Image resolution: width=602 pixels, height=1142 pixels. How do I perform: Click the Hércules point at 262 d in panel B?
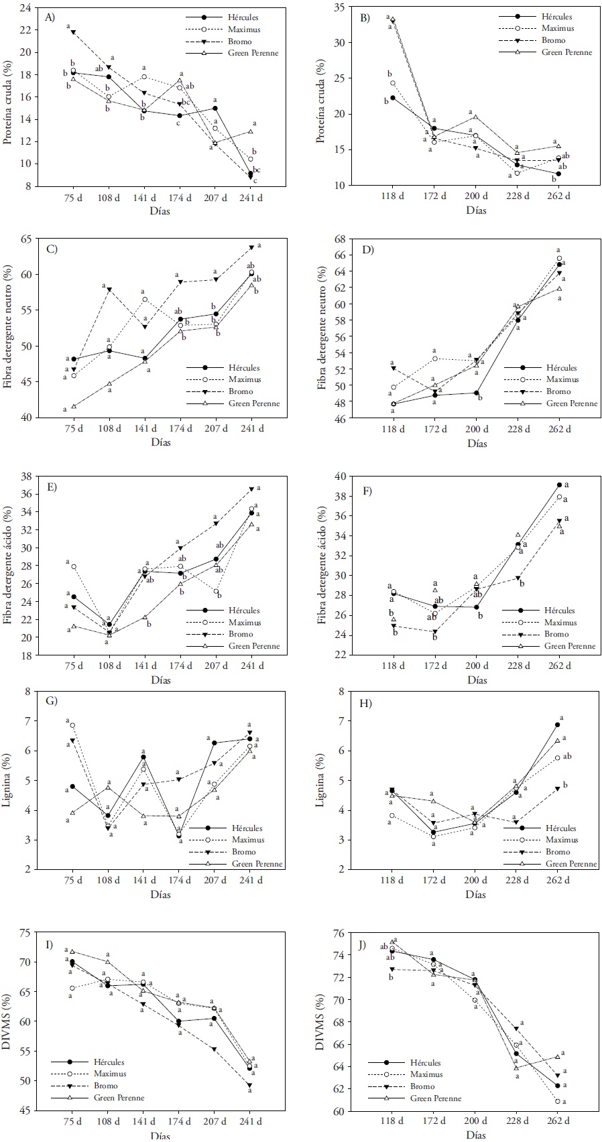point(558,174)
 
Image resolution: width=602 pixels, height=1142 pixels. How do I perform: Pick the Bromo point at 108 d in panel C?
point(109,290)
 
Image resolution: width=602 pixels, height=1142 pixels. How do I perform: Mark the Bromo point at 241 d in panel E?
point(251,489)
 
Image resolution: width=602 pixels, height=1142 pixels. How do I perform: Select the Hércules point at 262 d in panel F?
point(558,485)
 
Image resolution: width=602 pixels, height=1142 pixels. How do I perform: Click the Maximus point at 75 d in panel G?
point(72,725)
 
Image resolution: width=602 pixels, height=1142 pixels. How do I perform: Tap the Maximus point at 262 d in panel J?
point(558,1101)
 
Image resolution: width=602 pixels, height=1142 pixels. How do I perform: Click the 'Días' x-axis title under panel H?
point(476,894)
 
